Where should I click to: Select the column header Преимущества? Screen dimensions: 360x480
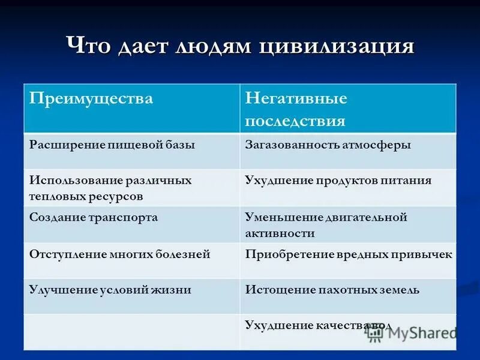[x=92, y=98]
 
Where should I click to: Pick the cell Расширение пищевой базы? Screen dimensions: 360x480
[x=112, y=145]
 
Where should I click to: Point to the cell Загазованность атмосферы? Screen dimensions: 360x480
[x=328, y=145]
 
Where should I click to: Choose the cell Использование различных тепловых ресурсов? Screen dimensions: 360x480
[x=110, y=188]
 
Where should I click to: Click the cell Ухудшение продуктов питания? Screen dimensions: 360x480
[x=338, y=181]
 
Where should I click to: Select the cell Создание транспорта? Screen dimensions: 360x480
[x=94, y=217]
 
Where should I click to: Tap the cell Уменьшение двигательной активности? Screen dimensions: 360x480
[x=326, y=224]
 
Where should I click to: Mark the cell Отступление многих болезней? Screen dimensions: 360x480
[x=119, y=254]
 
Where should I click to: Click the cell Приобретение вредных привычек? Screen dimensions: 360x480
[x=348, y=254]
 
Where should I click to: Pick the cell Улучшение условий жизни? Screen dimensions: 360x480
[x=110, y=290]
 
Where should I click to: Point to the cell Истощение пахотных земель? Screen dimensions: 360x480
[x=332, y=290]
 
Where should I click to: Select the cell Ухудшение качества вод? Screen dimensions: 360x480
[x=318, y=326]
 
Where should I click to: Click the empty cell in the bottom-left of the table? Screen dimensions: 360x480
[x=131, y=332]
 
